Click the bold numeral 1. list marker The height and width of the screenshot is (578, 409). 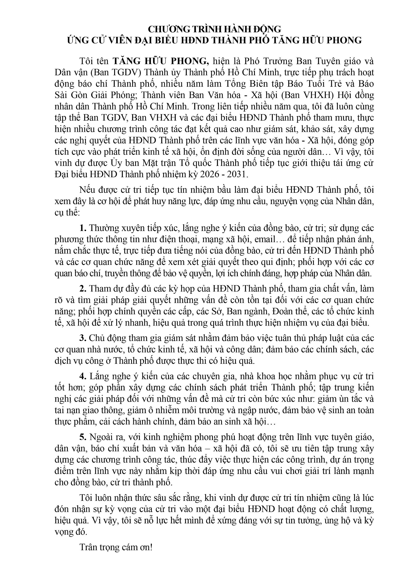tap(83, 228)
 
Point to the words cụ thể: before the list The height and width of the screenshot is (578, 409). tap(67, 213)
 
